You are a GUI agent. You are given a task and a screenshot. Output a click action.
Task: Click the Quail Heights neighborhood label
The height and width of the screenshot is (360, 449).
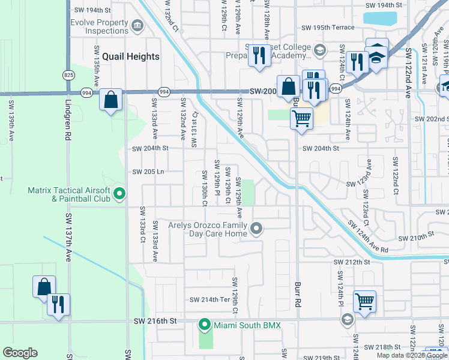click(131, 56)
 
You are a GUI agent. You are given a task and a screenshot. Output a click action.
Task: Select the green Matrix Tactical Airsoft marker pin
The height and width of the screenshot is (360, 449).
click(119, 194)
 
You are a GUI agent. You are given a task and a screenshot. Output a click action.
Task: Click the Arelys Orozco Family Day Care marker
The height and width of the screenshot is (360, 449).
click(257, 228)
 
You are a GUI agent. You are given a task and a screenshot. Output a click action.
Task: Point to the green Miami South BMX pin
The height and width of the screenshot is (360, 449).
click(204, 326)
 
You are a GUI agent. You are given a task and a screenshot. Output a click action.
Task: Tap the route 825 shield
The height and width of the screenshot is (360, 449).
click(68, 74)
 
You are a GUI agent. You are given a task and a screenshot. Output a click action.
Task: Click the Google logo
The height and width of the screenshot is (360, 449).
click(20, 353)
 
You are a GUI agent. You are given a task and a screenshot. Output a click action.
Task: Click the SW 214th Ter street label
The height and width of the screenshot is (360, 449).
click(210, 299)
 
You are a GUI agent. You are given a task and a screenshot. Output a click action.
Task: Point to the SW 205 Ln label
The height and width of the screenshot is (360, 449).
click(148, 172)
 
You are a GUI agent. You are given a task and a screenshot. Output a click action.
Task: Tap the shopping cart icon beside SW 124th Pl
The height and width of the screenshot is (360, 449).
click(364, 301)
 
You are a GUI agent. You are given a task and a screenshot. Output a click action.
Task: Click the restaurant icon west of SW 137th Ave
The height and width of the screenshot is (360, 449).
click(58, 304)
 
